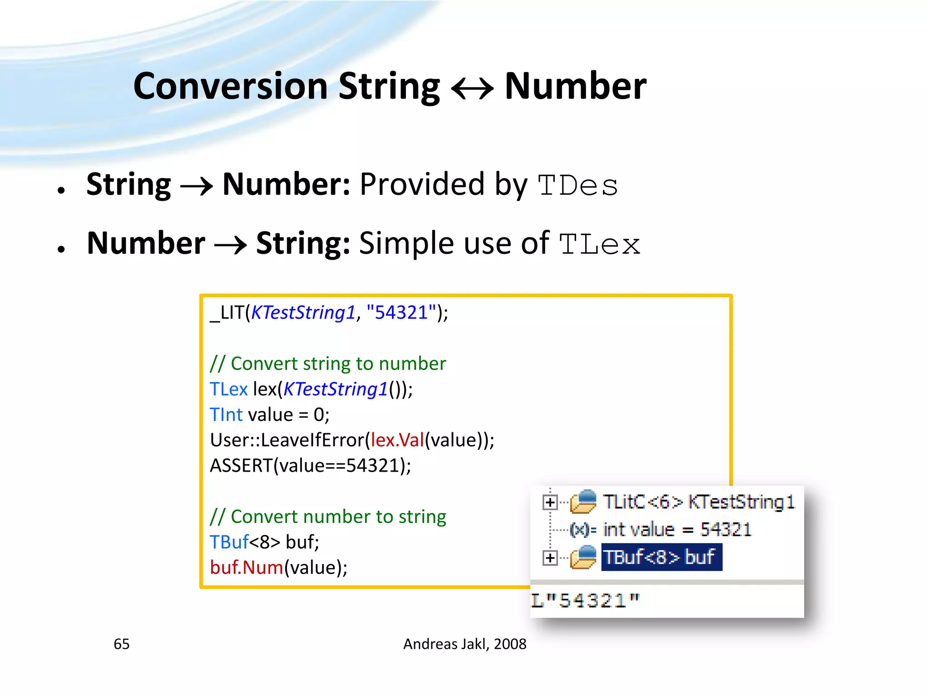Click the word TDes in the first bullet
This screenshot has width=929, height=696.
tap(577, 186)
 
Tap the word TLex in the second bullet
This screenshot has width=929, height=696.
tap(599, 245)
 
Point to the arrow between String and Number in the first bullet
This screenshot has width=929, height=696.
tap(196, 186)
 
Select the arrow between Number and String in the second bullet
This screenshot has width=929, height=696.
tap(230, 245)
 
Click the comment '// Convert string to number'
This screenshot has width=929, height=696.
tap(328, 363)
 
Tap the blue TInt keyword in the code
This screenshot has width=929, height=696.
tap(226, 415)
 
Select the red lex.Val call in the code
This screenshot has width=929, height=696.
tap(397, 440)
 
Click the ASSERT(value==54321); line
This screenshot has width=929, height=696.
tap(310, 465)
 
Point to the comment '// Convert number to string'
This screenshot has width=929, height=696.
tap(328, 517)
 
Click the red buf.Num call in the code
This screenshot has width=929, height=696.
tap(246, 567)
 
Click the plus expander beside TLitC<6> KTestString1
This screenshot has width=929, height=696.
tap(550, 502)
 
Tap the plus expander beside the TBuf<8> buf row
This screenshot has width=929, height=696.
tap(550, 558)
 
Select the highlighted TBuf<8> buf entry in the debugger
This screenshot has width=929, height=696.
tap(661, 557)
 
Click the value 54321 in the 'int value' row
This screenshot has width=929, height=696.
tap(725, 529)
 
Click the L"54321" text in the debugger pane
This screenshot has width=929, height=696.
tap(585, 601)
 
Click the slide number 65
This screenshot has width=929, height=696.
tap(122, 644)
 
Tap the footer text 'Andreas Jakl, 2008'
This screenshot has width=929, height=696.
tap(464, 644)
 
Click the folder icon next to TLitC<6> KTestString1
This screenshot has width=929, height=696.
tap(583, 502)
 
